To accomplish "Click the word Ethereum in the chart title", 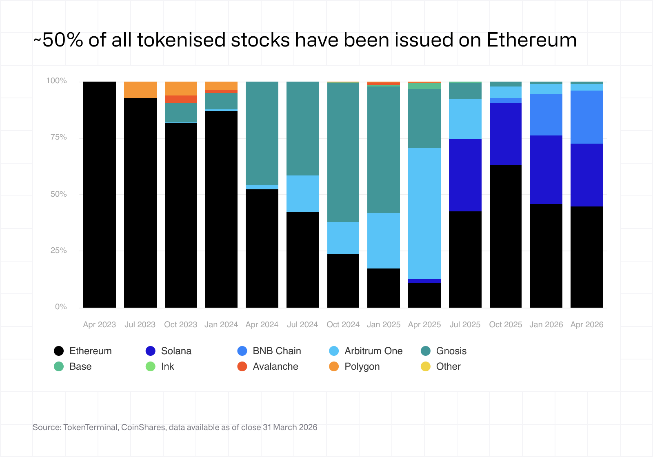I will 531,40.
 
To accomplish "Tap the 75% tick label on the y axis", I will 58,137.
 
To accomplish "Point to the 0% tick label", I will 61,307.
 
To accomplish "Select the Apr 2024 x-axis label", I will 262,324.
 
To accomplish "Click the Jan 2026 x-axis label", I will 546,324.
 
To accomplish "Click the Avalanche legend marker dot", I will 242,366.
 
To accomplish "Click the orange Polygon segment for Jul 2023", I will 140,90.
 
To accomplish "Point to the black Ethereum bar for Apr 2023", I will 100,194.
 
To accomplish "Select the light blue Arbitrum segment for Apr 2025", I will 424,213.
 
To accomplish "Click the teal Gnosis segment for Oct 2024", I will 343,152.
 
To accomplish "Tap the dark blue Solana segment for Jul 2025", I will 465,175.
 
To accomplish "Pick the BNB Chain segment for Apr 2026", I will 587,117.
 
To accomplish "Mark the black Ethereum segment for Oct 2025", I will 506,236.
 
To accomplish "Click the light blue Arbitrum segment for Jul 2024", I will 303,194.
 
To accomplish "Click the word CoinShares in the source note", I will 143,427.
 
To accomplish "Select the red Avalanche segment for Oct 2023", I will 181,99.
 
